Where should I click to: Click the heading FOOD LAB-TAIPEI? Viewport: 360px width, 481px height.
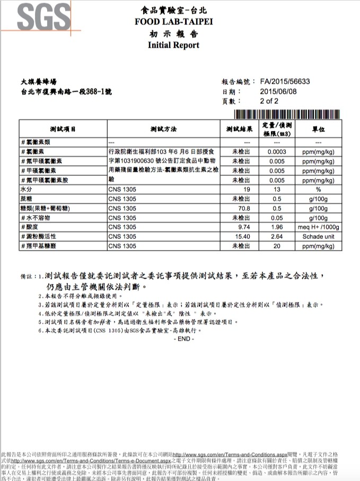[x=173, y=22]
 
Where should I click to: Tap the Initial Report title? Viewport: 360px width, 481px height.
[x=173, y=45]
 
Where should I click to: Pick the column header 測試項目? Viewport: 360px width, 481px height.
[x=63, y=129]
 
